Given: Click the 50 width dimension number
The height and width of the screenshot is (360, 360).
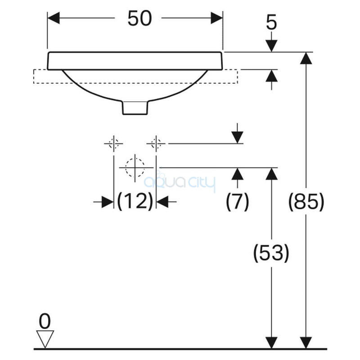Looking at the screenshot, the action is (139, 18).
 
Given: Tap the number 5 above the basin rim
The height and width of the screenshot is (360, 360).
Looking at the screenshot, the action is (271, 22).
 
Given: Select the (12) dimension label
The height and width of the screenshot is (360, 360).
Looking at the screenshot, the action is (135, 201).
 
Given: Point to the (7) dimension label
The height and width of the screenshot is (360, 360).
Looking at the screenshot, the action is (238, 201).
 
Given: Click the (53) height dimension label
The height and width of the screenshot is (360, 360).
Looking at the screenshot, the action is (271, 253).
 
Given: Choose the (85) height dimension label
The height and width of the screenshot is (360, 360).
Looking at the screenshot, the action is (306, 201).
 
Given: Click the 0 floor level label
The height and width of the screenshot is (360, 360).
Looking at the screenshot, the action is (45, 321).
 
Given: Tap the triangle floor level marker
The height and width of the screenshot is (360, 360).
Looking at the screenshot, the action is (45, 337).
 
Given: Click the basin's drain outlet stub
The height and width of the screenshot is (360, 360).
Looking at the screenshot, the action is (135, 108).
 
